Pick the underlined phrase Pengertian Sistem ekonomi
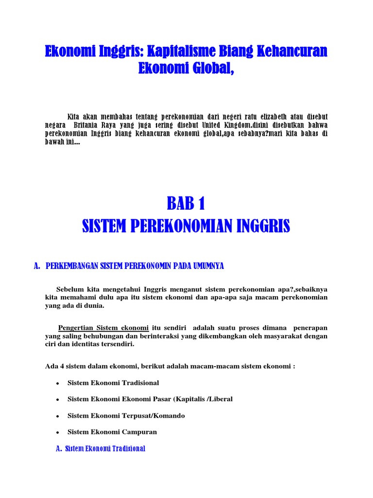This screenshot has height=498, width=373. tap(103, 327)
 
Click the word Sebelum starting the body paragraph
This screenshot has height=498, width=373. tap(69, 288)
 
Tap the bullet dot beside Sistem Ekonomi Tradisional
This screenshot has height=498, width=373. tap(57, 384)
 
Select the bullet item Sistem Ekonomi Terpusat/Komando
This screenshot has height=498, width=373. tap(126, 416)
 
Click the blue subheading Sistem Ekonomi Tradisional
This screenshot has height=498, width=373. tap(105, 448)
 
